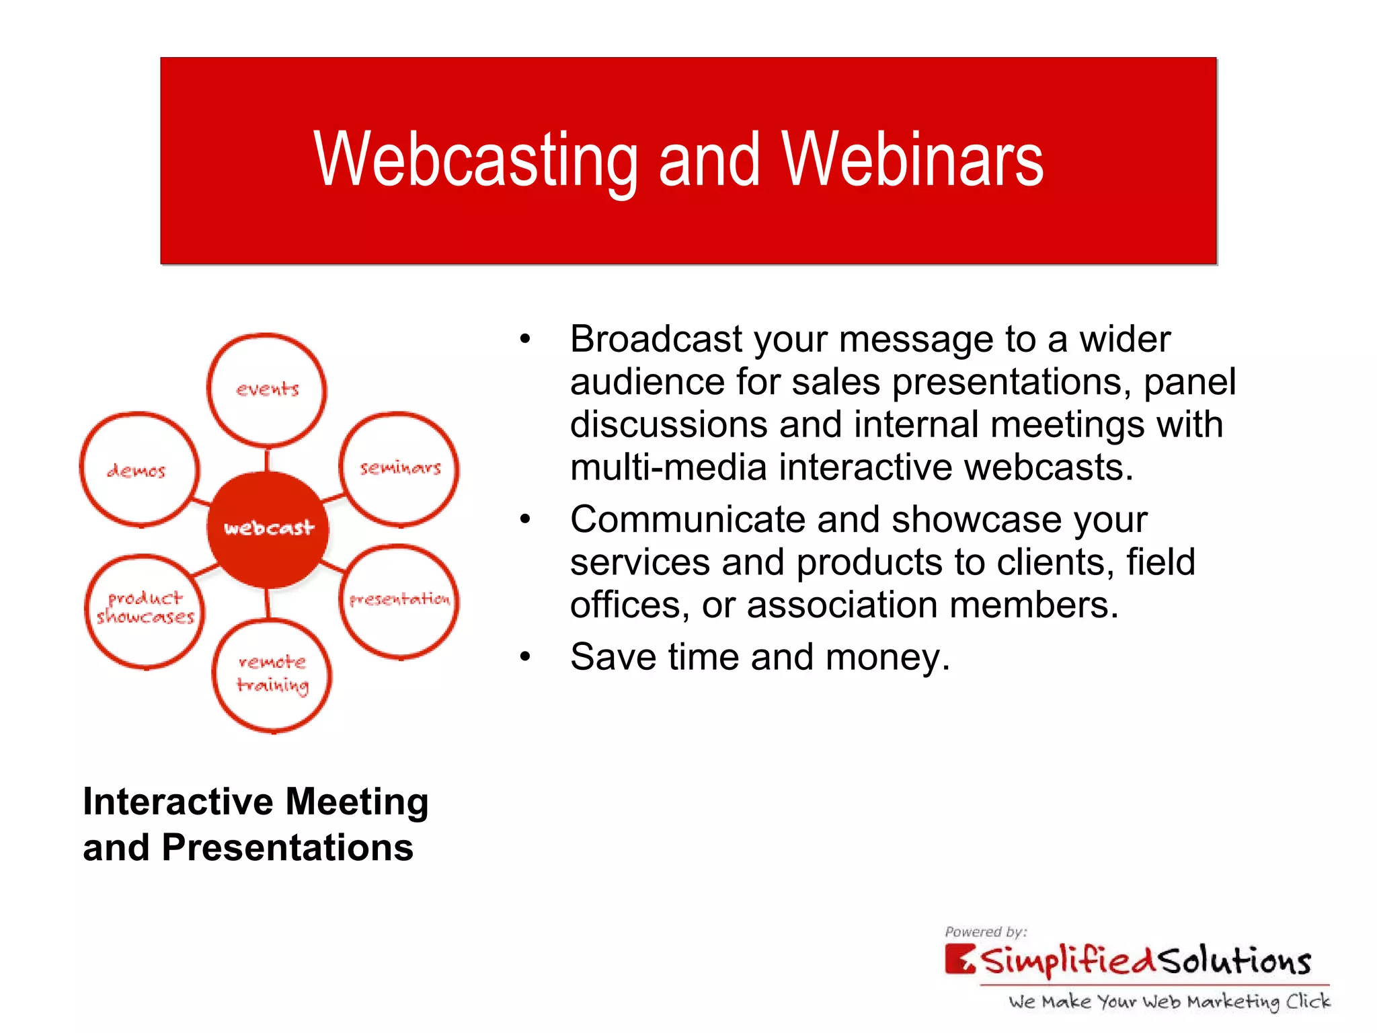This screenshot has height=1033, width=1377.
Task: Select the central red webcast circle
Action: [268, 529]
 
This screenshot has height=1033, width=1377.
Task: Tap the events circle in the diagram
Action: [267, 390]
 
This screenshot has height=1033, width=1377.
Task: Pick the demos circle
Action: [139, 469]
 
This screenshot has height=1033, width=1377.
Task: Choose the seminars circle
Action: [399, 468]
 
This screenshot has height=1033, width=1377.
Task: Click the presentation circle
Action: [399, 601]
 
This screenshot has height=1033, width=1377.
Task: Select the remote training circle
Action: [272, 675]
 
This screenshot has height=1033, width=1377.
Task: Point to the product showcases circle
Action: [145, 609]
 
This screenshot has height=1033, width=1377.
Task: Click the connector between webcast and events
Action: [267, 459]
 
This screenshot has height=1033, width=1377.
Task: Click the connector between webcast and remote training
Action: [268, 603]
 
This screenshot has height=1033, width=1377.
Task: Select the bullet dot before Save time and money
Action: [525, 657]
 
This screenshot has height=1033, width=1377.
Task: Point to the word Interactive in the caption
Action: [178, 802]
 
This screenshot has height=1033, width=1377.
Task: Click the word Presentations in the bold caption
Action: [288, 847]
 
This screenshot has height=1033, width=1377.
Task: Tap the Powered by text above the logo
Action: [985, 931]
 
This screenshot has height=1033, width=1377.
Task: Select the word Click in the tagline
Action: [1308, 1001]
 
